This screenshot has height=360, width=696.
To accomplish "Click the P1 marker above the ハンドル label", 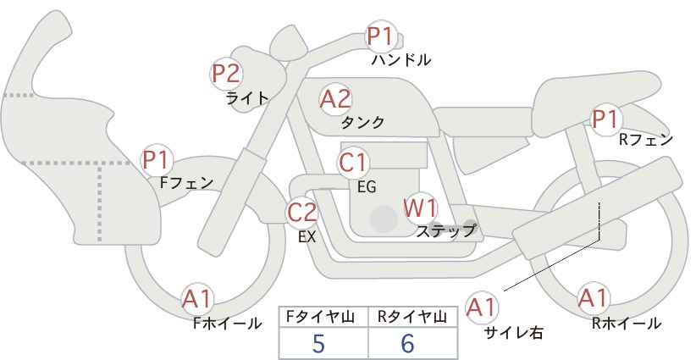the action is (380, 36).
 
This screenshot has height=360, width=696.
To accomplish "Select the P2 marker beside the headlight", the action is (226, 74).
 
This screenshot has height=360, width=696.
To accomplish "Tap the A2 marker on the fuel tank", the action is (335, 99).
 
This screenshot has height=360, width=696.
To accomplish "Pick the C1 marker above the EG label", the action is (353, 163).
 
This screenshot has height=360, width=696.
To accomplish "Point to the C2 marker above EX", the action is (301, 213).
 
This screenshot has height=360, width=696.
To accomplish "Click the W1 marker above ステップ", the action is (420, 208).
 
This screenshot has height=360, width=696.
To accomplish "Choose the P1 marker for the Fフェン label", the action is (156, 160).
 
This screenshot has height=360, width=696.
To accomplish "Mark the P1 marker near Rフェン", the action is (605, 119).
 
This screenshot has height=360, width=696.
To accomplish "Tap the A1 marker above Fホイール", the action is (197, 300).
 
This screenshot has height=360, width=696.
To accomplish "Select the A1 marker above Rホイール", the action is (593, 298).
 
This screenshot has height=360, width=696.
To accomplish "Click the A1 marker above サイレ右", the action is (482, 307).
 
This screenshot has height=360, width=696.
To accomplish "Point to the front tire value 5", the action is (318, 344).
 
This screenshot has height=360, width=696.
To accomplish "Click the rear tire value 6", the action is (407, 344).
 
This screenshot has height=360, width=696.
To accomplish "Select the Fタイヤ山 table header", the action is (320, 317).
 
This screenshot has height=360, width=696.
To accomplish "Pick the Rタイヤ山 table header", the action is (412, 317).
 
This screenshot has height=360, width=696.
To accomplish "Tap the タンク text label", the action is (362, 123).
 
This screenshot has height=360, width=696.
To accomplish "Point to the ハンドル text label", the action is (401, 59).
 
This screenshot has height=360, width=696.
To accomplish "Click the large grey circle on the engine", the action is (384, 219).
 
